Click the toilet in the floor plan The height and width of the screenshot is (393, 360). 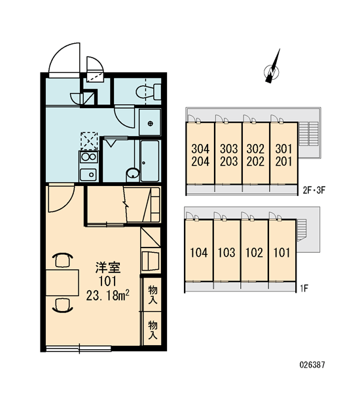pyautogui.click(x=149, y=92)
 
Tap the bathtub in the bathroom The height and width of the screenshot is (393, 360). pyautogui.click(x=149, y=160)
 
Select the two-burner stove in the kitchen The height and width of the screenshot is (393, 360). pyautogui.click(x=88, y=157)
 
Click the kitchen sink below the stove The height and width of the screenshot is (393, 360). pyautogui.click(x=88, y=174)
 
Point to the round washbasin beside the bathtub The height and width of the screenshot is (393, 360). pyautogui.click(x=133, y=173)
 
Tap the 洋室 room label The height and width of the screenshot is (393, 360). pyautogui.click(x=108, y=268)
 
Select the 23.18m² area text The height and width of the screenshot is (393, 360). pyautogui.click(x=108, y=295)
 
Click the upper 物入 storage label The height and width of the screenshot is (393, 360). pyautogui.click(x=153, y=294)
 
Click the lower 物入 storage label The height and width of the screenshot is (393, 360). pyautogui.click(x=153, y=329)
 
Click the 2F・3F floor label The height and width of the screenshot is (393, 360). pyautogui.click(x=314, y=191)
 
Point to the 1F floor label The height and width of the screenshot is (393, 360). pyautogui.click(x=304, y=289)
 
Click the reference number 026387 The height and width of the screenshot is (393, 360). pyautogui.click(x=312, y=365)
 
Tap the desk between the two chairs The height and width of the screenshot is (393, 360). pyautogui.click(x=62, y=283)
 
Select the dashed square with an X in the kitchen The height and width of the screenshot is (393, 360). pyautogui.click(x=89, y=141)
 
